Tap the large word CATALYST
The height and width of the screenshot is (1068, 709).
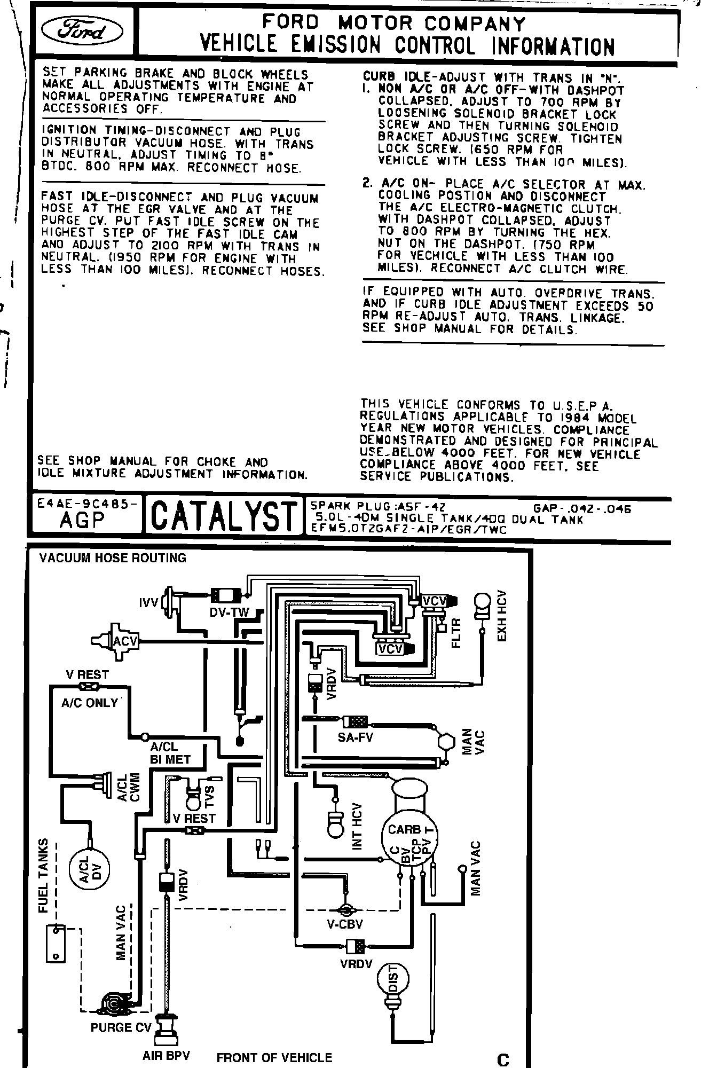tap(223, 516)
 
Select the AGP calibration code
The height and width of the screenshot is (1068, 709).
tap(82, 521)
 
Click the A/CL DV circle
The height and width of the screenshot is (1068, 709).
tap(89, 871)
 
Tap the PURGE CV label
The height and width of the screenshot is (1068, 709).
tap(119, 1027)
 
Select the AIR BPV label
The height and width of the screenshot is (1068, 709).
tap(166, 1056)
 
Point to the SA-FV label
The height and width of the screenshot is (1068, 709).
tap(355, 737)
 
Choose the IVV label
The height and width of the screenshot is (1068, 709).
tap(148, 603)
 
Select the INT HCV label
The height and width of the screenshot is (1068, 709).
tap(357, 827)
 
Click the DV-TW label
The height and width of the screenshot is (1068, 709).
tap(229, 612)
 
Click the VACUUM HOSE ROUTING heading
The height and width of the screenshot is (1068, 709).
tap(113, 558)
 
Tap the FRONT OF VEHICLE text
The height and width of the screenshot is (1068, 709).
tap(274, 1057)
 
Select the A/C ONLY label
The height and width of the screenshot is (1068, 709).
tap(89, 703)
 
